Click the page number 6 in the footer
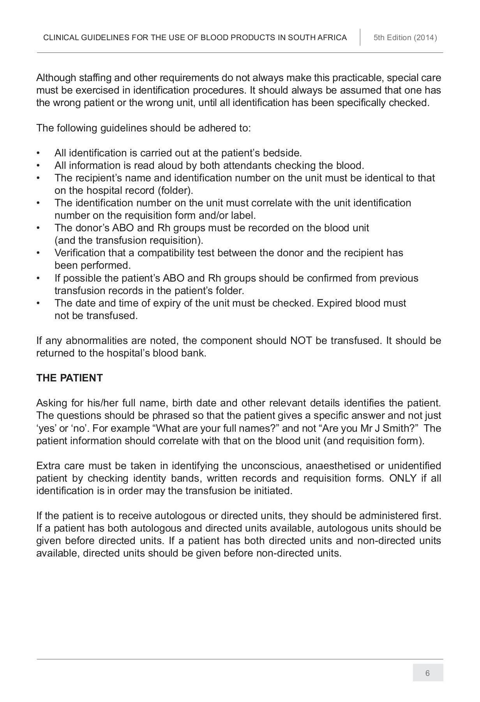coord(427,673)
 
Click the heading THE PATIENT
coord(69,378)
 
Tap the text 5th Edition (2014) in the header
coord(405,38)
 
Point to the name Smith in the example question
coord(397,428)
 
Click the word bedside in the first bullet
coord(282,153)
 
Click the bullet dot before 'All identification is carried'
coord(38,153)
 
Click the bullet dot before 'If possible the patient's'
coord(38,278)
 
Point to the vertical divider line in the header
coord(360,37)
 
